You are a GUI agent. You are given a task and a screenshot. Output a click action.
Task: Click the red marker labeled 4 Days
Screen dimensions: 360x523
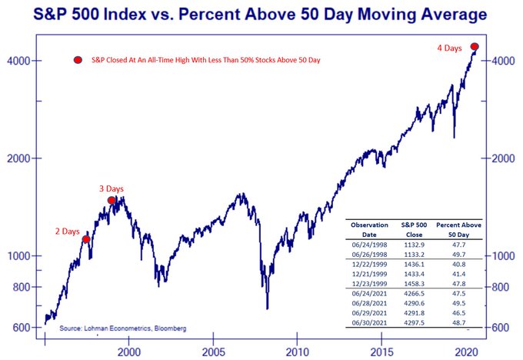[475, 47]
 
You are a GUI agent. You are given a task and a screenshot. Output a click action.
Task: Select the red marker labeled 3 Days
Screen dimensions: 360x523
[112, 200]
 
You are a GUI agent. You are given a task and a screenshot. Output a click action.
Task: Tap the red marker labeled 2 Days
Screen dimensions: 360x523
[86, 239]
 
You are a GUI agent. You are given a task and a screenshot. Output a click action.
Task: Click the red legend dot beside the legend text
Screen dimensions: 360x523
[77, 60]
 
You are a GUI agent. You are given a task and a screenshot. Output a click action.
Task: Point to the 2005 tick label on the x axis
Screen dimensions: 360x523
[213, 351]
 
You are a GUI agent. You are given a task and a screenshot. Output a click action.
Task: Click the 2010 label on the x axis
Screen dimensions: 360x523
[298, 351]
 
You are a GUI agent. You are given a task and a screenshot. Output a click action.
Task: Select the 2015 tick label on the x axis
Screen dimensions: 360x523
[382, 351]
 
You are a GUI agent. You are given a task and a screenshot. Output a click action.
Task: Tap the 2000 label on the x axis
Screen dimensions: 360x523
[128, 351]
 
